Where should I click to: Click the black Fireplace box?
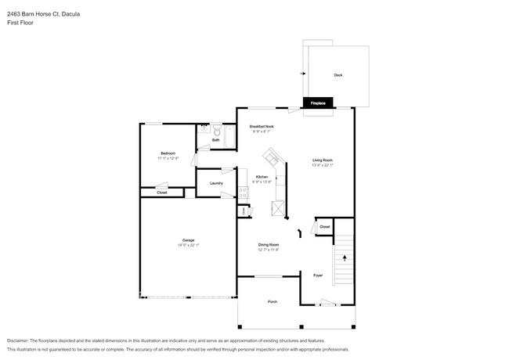[318, 103]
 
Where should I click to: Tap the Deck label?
[338, 75]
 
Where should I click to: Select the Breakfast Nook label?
[262, 126]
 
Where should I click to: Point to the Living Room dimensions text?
[323, 165]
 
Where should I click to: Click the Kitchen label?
[262, 177]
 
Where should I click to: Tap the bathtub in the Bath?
[228, 135]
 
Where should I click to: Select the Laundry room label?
[216, 183]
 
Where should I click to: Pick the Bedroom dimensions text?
[168, 158]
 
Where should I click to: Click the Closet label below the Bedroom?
[162, 192]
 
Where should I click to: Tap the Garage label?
[188, 240]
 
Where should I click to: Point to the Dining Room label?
[269, 245]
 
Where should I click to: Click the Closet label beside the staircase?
[324, 227]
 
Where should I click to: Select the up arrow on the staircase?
[343, 256]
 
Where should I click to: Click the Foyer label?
[318, 275]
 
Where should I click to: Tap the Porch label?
[272, 301]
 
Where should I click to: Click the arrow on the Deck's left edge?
[302, 74]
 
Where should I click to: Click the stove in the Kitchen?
[277, 207]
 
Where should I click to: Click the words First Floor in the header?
[22, 23]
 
